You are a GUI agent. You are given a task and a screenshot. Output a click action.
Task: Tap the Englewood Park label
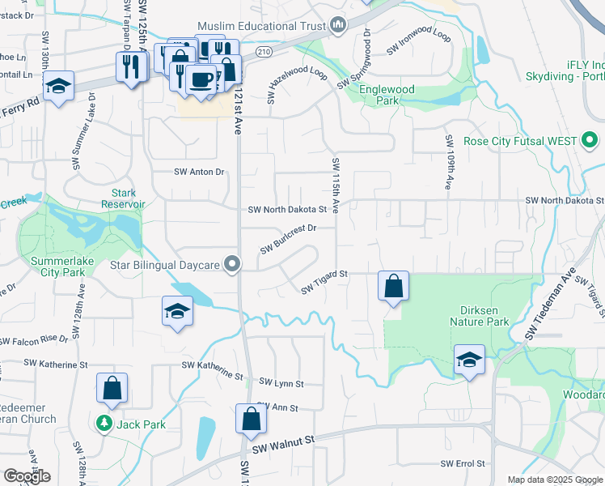point(387,95)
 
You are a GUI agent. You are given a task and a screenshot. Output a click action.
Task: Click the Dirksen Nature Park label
point(479,315)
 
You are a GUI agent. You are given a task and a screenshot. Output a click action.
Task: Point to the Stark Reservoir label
point(123,198)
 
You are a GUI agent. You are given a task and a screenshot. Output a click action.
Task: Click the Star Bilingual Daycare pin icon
point(233,265)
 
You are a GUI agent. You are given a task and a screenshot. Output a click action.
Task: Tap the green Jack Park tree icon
point(104,424)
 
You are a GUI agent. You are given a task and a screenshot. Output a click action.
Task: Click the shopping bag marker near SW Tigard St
point(393,286)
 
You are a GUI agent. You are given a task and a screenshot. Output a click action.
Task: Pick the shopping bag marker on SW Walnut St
point(251,419)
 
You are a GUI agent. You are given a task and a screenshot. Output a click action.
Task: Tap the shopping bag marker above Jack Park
point(112,388)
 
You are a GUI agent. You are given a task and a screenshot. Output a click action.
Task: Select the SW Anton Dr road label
point(199,172)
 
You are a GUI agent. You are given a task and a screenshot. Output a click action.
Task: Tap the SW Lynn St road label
point(281,383)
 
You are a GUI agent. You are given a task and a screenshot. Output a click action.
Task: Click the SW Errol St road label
point(463,464)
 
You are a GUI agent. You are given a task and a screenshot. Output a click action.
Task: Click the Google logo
point(27,476)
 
